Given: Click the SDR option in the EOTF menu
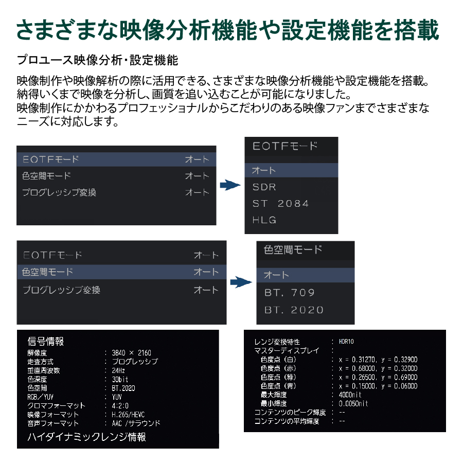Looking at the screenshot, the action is click(264, 187).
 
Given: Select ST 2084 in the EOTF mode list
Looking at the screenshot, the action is click(280, 203).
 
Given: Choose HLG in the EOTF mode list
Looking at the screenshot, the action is click(264, 220).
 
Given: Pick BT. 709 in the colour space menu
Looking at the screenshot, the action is click(289, 293).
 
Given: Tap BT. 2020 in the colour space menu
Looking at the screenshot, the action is click(294, 310).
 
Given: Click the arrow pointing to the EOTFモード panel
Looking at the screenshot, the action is click(230, 185).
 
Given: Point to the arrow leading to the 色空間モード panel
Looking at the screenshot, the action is click(241, 282).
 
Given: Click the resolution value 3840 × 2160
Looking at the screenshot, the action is click(131, 353).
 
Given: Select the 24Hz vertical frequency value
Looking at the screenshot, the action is click(118, 370).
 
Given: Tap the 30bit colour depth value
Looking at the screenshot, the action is click(119, 380).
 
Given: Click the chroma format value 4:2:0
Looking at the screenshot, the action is click(120, 406).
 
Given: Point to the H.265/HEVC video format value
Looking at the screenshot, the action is click(128, 415).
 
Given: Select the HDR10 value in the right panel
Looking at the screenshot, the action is click(346, 342).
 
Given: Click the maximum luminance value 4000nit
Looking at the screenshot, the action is click(350, 395).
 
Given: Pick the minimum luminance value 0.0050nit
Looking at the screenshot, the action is click(353, 404).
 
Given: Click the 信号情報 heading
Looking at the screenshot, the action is click(45, 342).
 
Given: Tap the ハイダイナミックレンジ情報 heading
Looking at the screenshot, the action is click(86, 437).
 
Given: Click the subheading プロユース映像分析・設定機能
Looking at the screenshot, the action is click(97, 60).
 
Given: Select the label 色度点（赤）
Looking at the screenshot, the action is click(278, 368).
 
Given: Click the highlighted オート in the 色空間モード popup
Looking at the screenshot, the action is click(276, 275).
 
